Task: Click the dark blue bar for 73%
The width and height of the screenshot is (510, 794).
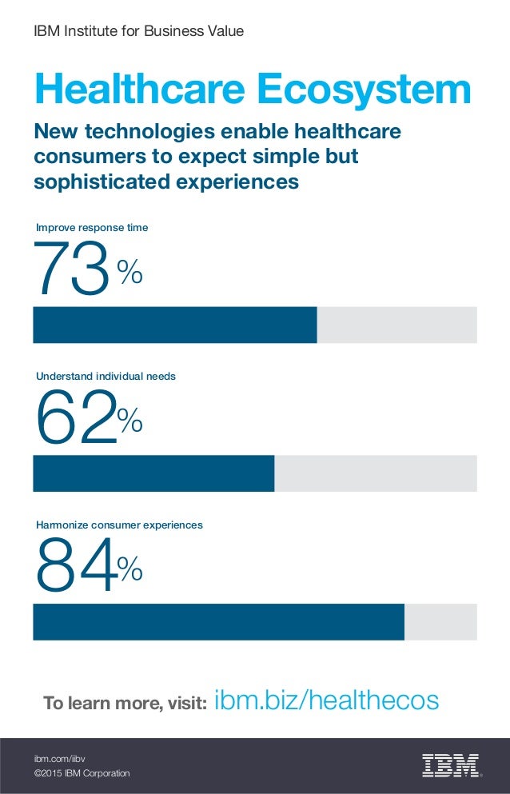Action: tap(174, 325)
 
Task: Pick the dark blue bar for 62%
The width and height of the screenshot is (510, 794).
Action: tap(153, 473)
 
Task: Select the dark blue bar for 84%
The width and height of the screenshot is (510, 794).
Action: tap(218, 622)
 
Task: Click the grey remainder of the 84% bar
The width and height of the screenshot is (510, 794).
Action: tap(440, 622)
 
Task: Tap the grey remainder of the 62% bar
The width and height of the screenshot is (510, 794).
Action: tap(376, 473)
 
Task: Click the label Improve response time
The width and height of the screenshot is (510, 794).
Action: tap(92, 228)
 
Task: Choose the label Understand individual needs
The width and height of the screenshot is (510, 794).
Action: tap(106, 376)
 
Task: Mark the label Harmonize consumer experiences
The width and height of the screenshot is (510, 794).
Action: tap(119, 525)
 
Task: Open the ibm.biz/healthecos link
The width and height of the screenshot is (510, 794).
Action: tap(327, 701)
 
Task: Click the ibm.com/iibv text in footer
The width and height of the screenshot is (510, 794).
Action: tap(59, 757)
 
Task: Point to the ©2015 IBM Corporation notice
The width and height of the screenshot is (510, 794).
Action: tap(81, 773)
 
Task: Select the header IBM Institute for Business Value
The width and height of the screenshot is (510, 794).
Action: tap(137, 31)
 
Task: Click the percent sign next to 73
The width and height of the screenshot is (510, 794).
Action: tap(130, 274)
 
